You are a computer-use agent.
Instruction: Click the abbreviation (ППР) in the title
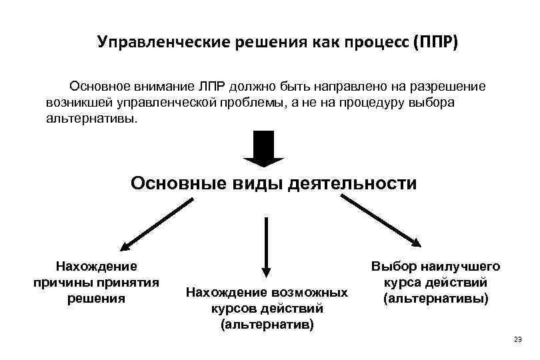point(436,43)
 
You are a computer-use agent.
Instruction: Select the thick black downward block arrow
point(264,148)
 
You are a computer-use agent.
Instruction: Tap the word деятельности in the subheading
point(351,183)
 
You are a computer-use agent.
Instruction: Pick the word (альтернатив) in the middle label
point(267,325)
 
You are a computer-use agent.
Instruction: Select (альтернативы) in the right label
point(436,298)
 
